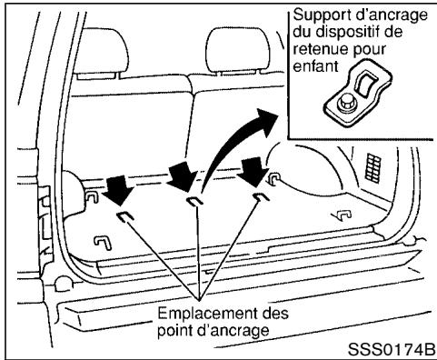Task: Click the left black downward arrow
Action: pyautogui.click(x=116, y=188)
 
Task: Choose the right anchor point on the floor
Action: pyautogui.click(x=261, y=195)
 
